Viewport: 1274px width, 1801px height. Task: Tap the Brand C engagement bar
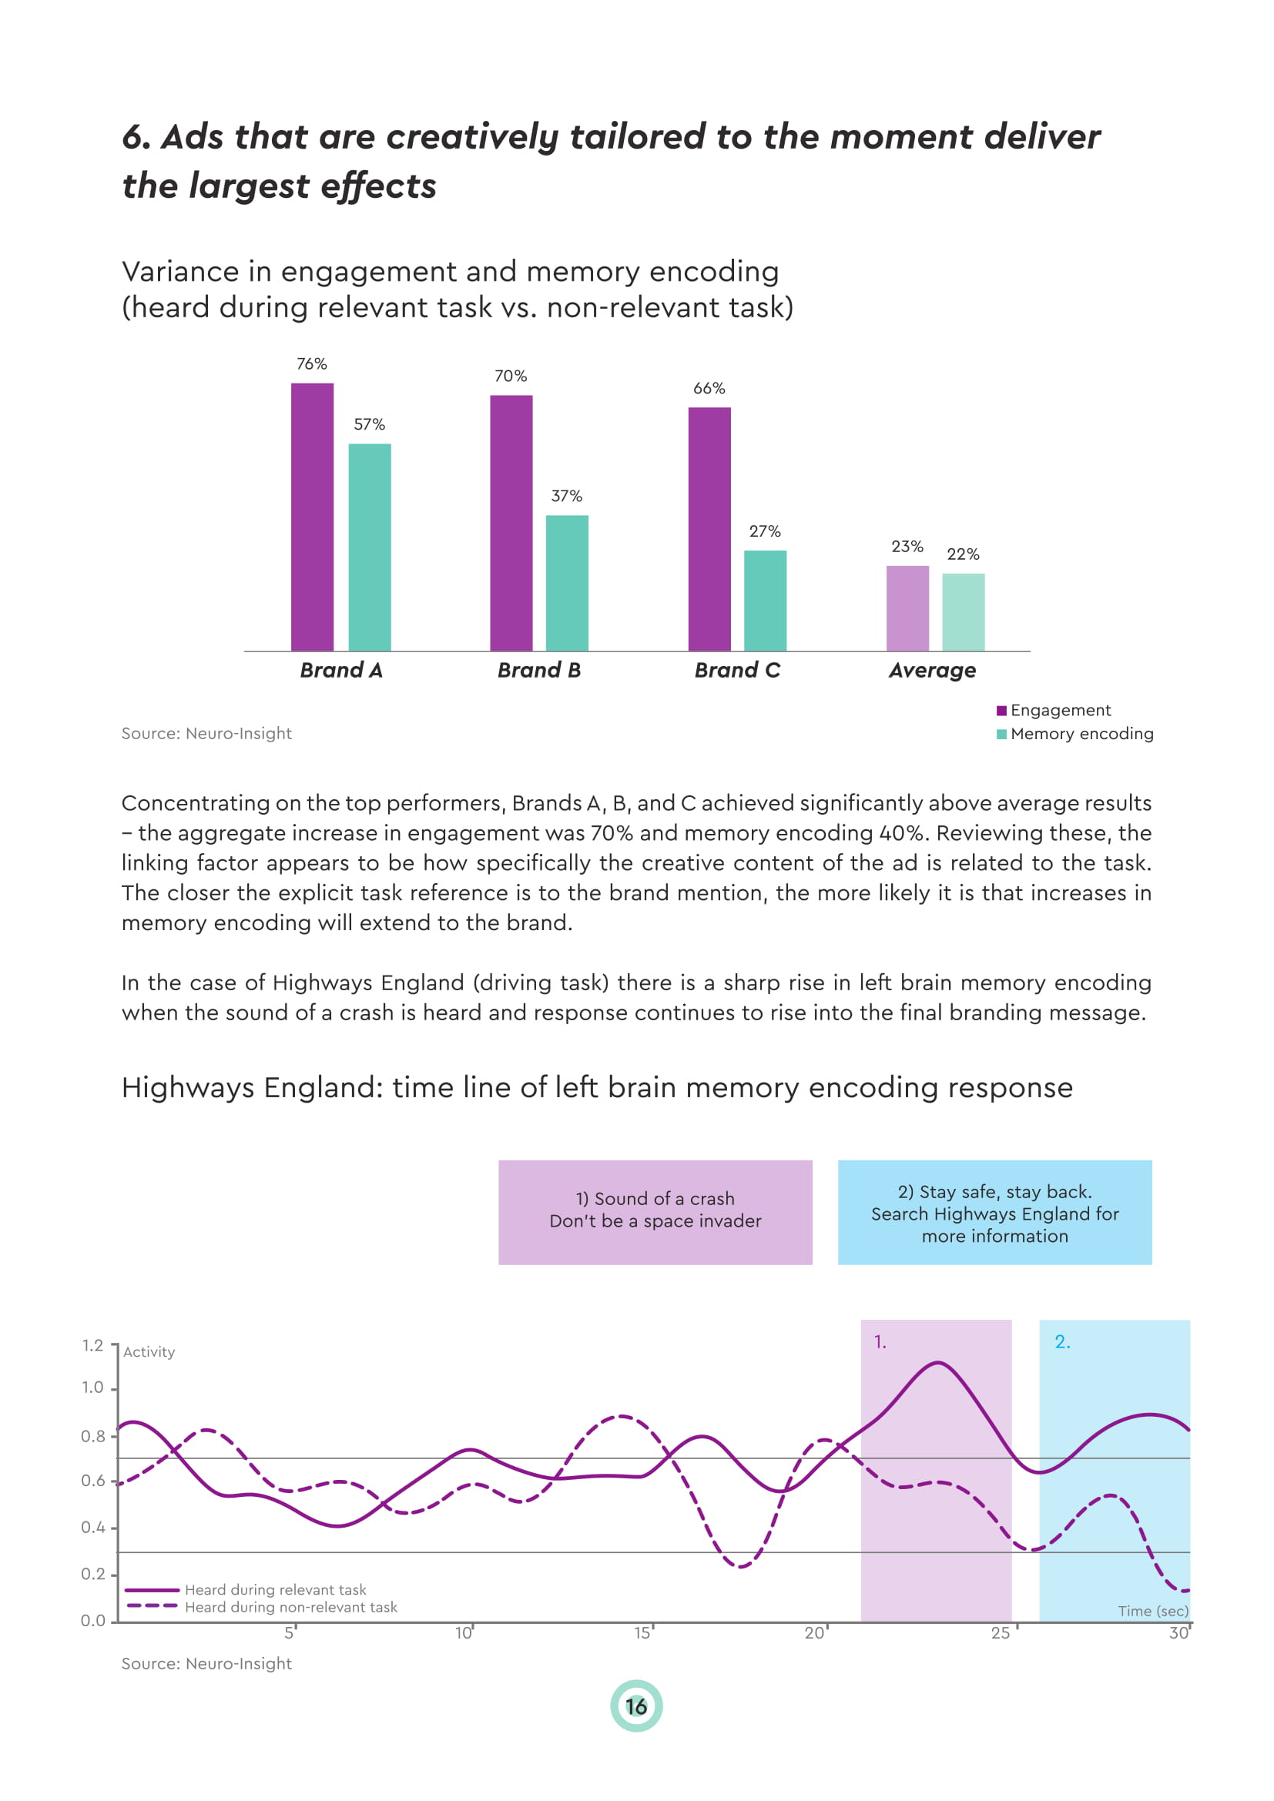(x=709, y=529)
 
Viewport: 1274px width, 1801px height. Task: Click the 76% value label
(x=311, y=364)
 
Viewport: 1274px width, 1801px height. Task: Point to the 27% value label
(x=764, y=531)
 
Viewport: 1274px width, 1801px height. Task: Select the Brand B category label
(x=539, y=670)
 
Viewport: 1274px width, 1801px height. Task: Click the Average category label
(x=932, y=670)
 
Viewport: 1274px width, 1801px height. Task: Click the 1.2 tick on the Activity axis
(x=92, y=1345)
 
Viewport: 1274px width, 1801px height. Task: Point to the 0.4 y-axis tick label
(x=92, y=1527)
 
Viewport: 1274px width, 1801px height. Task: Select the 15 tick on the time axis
(x=642, y=1633)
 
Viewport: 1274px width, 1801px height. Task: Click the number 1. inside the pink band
(x=880, y=1342)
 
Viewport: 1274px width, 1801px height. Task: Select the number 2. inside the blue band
(x=1062, y=1342)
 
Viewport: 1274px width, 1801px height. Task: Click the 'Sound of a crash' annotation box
(x=655, y=1212)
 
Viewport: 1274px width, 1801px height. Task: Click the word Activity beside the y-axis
(x=149, y=1351)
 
